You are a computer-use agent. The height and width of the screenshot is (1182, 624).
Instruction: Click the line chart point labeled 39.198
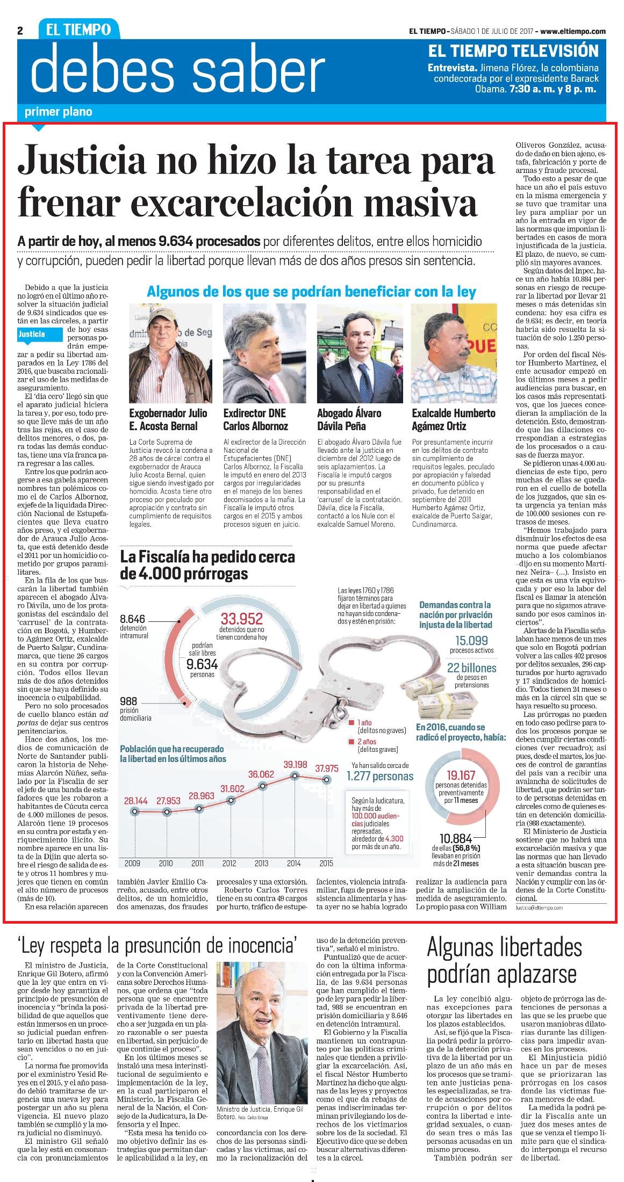295,775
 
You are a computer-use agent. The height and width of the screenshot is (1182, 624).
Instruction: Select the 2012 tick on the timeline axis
230,864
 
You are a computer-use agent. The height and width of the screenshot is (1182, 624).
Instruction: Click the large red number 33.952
241,618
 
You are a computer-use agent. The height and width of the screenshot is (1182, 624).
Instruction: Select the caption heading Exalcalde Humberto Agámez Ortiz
454,419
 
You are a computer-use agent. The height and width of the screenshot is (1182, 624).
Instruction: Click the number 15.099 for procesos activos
471,640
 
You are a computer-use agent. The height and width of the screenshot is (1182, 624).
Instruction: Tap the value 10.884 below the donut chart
456,838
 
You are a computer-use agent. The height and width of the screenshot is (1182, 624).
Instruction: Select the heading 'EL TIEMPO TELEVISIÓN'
513,51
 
